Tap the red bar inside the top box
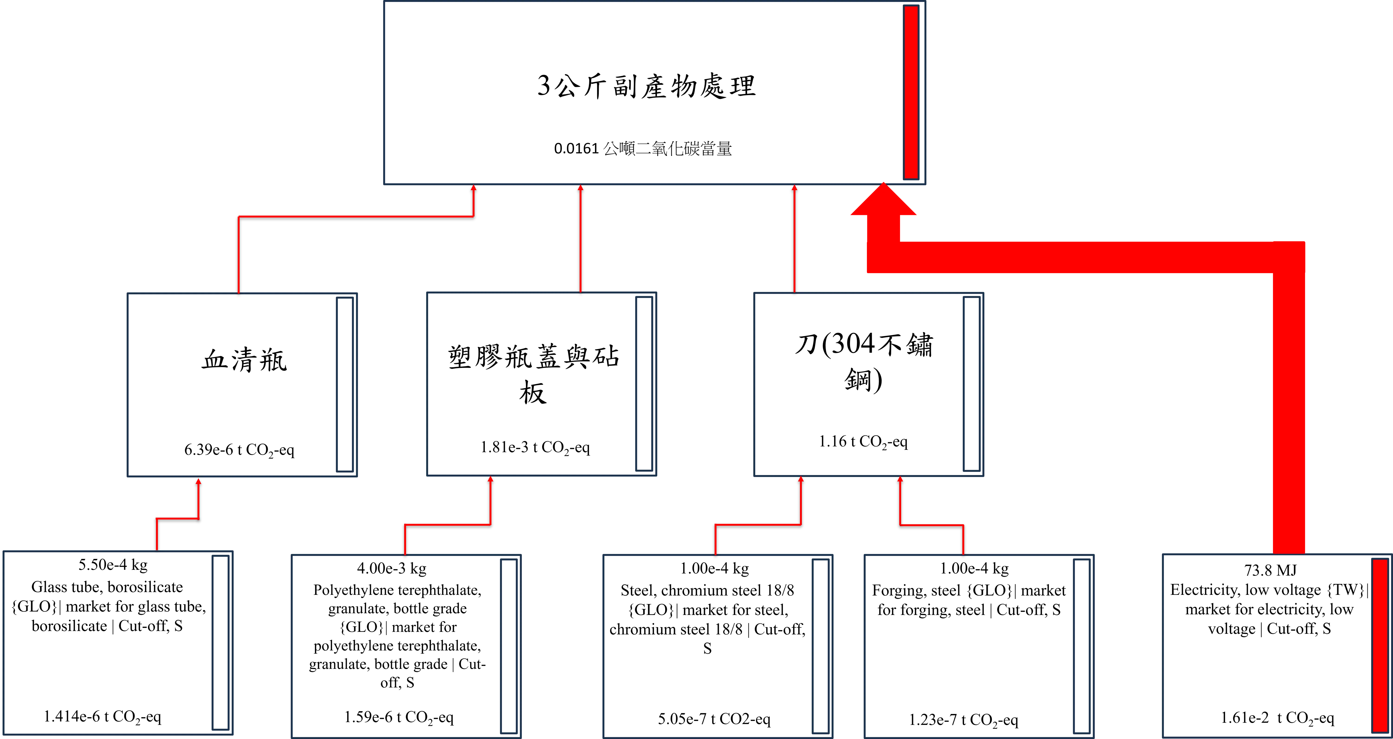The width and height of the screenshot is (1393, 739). (911, 92)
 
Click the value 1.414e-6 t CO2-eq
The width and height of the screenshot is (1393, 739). (102, 717)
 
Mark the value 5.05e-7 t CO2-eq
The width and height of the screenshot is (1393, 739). (714, 719)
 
